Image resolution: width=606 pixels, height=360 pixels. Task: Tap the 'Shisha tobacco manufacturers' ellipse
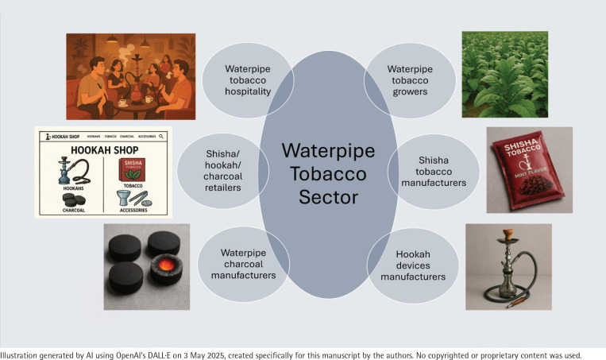pos(433,172)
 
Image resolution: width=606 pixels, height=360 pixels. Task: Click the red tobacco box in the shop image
pos(136,170)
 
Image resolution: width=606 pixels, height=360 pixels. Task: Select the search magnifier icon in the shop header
pos(160,137)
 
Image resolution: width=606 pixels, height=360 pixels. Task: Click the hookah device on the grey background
pos(508,265)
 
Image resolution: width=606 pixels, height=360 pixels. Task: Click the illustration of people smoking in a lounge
pos(130,75)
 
